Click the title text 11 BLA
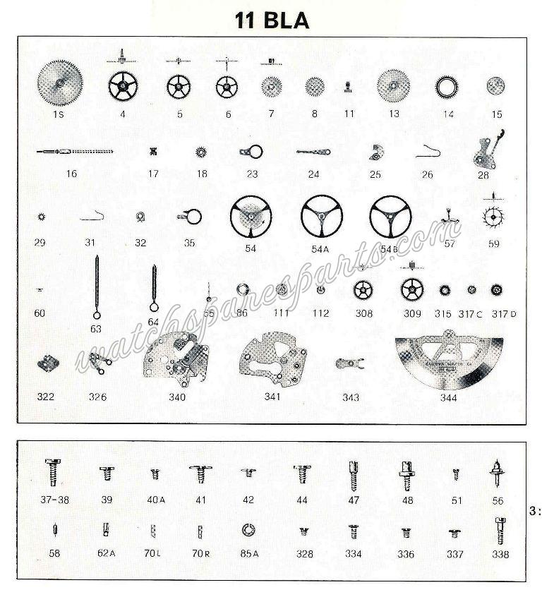pyautogui.click(x=272, y=20)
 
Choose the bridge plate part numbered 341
pyautogui.click(x=272, y=361)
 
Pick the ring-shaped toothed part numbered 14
pyautogui.click(x=448, y=88)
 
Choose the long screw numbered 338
pyautogui.click(x=500, y=530)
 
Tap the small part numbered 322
pyautogui.click(x=47, y=363)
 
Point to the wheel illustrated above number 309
pyautogui.click(x=411, y=289)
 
